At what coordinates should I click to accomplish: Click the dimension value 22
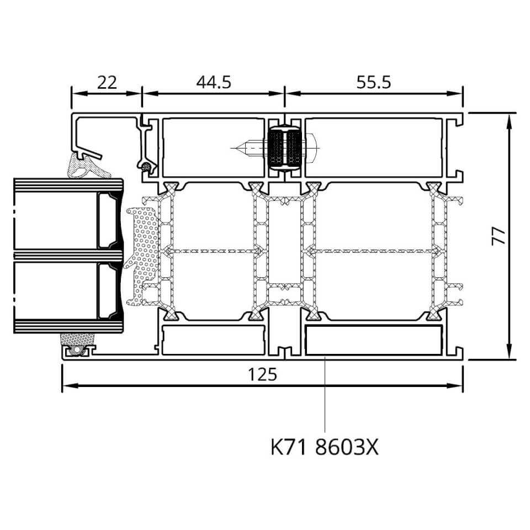pyautogui.click(x=107, y=82)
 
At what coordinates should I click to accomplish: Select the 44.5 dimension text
pyautogui.click(x=214, y=82)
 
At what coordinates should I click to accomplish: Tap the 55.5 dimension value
pyautogui.click(x=374, y=82)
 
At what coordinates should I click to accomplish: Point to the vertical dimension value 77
pyautogui.click(x=498, y=236)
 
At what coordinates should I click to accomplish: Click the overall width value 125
pyautogui.click(x=262, y=374)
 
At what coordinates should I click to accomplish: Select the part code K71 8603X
pyautogui.click(x=325, y=447)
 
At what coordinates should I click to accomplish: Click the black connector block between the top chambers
pyautogui.click(x=284, y=148)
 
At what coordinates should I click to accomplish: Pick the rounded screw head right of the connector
pyautogui.click(x=312, y=148)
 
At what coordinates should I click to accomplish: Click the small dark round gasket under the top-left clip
pyautogui.click(x=146, y=166)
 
